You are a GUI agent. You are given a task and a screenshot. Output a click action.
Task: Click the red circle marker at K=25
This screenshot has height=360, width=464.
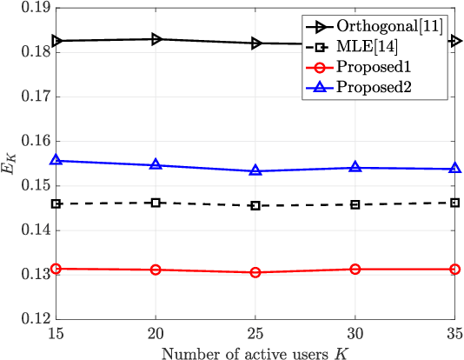[255, 272]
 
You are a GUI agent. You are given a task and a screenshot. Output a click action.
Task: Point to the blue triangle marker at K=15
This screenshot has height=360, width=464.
[56, 161]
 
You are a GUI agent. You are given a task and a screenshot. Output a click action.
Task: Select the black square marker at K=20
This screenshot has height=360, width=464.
[156, 203]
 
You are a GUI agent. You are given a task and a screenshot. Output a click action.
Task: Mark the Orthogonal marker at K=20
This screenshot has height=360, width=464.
[156, 39]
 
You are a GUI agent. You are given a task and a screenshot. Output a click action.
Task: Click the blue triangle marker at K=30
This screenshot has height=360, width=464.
[355, 167]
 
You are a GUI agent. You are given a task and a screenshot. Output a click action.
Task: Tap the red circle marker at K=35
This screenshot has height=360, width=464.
[454, 270]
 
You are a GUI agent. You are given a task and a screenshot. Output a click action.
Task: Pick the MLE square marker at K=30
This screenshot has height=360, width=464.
[355, 204]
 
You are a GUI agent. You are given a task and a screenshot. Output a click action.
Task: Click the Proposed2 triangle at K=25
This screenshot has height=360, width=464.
[255, 170]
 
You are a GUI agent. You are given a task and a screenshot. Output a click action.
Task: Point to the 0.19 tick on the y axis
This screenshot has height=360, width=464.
[31, 8]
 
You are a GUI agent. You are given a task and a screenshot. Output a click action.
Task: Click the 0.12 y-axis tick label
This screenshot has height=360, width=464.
[31, 319]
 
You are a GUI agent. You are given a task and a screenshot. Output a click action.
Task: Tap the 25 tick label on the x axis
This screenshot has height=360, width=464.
[255, 334]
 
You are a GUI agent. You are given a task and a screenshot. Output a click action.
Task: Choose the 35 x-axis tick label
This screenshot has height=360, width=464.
[453, 334]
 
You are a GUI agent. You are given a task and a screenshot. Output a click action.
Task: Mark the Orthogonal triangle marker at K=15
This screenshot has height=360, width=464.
[56, 41]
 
